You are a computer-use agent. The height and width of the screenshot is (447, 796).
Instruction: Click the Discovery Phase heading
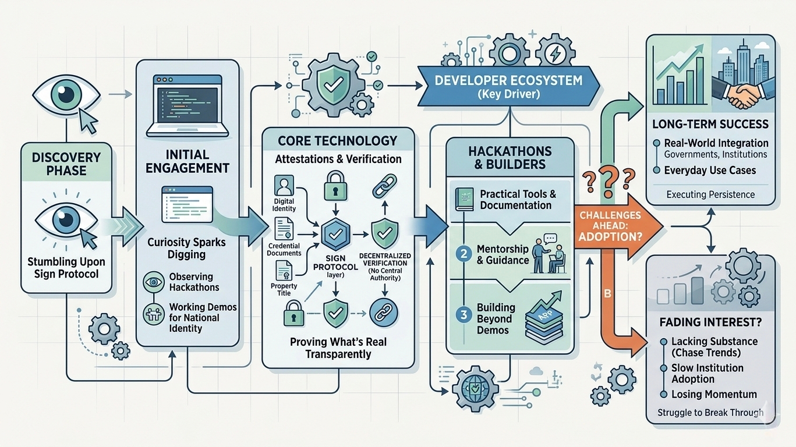coord(65,164)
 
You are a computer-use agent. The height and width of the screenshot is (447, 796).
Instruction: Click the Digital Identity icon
coord(284,188)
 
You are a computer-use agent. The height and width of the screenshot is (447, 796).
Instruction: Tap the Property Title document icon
coord(284,271)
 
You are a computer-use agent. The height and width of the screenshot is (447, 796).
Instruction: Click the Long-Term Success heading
coord(709,124)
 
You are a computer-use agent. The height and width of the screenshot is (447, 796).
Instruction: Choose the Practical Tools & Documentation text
coord(515,200)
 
